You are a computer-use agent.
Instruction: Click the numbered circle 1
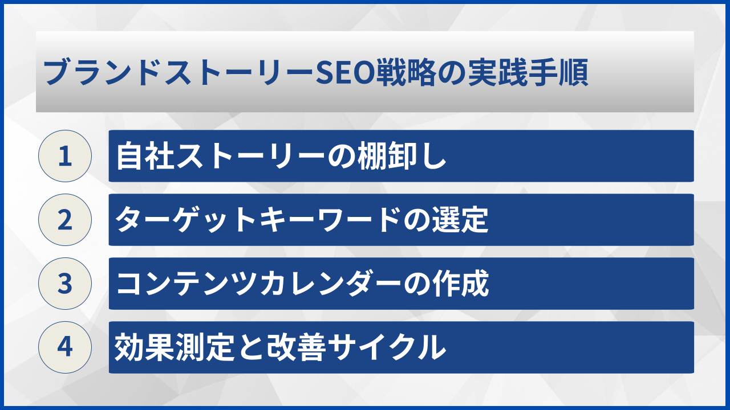pyautogui.click(x=65, y=156)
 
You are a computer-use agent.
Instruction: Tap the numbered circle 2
pyautogui.click(x=65, y=220)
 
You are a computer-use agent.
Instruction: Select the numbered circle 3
pyautogui.click(x=65, y=284)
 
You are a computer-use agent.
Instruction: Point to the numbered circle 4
pyautogui.click(x=65, y=347)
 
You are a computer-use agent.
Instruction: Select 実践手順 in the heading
pyautogui.click(x=527, y=73)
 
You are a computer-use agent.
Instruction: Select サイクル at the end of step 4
pyautogui.click(x=388, y=348)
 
